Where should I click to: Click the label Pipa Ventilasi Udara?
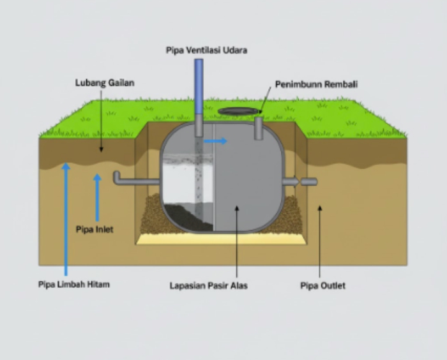click(206, 50)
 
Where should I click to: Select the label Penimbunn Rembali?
click(316, 84)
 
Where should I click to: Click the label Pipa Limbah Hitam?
click(73, 284)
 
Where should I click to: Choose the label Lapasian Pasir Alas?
click(208, 285)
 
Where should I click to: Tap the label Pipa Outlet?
click(322, 285)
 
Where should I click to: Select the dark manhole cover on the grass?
click(239, 111)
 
